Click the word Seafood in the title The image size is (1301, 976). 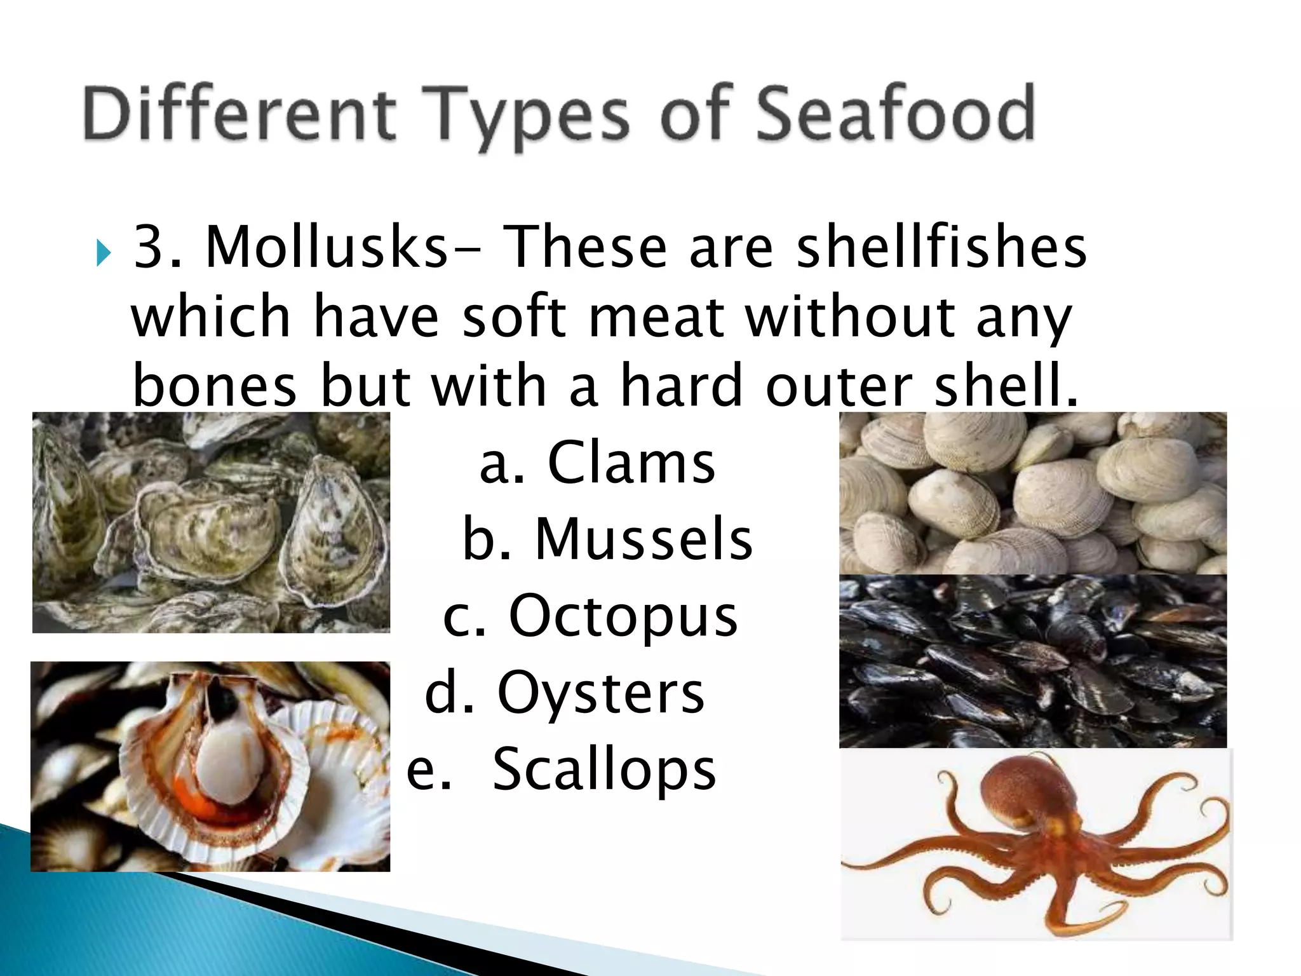[896, 114]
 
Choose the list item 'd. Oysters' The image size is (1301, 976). [565, 692]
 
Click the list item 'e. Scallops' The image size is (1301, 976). [562, 769]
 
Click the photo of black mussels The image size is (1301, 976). [1032, 661]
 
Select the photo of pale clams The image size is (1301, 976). [1032, 492]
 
